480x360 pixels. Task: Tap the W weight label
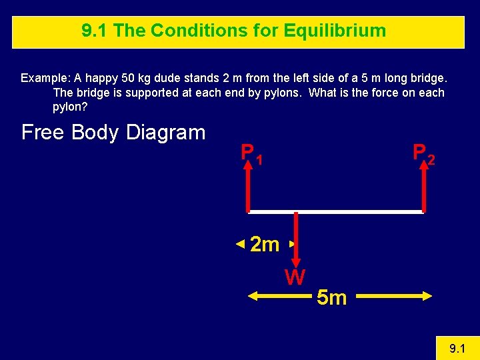[295, 277]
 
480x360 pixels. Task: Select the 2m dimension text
[264, 245]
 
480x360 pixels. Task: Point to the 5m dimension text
[331, 297]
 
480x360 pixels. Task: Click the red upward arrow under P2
[423, 190]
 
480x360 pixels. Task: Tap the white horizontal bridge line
[336, 212]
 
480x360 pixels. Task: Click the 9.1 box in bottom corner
[457, 348]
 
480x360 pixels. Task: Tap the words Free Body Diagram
[113, 132]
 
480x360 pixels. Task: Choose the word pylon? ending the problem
[70, 107]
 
